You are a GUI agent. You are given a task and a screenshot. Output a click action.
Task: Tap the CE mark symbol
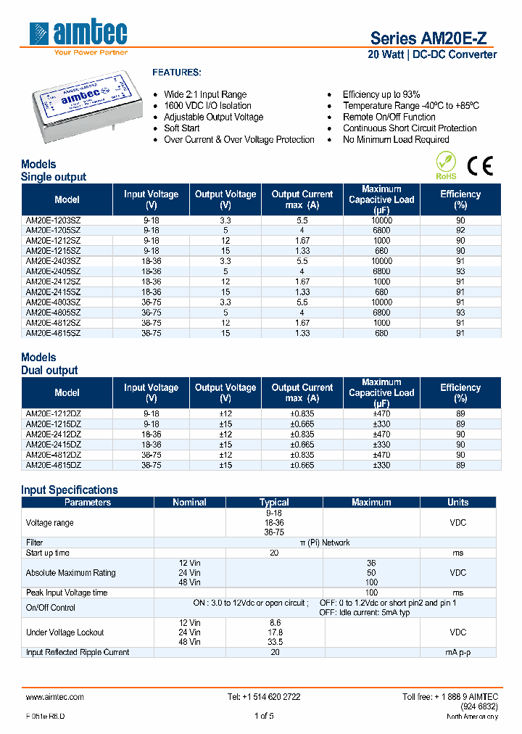point(480,166)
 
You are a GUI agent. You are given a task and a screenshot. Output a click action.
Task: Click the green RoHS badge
point(446,165)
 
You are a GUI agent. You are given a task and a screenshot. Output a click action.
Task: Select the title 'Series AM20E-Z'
point(433,38)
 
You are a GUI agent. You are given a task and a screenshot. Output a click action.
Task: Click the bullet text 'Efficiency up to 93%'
point(381,94)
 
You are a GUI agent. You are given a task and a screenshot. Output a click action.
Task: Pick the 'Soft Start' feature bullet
point(181,128)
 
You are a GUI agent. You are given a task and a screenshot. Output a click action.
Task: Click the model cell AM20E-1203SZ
point(53,220)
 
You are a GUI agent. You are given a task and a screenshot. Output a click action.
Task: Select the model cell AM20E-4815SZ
point(53,333)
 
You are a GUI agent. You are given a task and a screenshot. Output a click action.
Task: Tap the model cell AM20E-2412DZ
point(53,434)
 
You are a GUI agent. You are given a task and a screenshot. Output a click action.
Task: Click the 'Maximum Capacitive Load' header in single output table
point(381,199)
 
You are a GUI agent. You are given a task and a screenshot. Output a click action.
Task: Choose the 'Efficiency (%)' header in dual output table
point(460,392)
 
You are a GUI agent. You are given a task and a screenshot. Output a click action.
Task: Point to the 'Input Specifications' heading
point(70,490)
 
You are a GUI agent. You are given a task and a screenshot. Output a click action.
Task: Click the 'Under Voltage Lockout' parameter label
point(65,632)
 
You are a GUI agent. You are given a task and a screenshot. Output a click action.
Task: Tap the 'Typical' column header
point(274,502)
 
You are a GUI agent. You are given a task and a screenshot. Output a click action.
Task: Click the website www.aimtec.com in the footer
point(55,696)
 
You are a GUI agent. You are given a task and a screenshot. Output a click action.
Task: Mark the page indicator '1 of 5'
point(264,716)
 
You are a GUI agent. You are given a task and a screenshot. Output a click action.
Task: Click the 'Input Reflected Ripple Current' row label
point(78,652)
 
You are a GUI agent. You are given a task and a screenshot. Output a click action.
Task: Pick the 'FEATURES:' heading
point(176,73)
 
